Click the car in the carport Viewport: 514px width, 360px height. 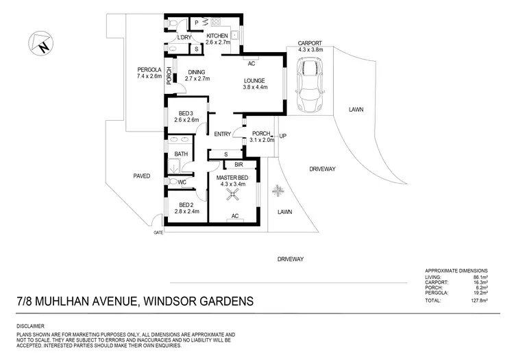pos(310,85)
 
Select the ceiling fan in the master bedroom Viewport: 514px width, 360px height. pos(234,196)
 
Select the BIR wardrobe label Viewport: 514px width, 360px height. pos(239,165)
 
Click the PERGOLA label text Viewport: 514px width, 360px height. pos(149,69)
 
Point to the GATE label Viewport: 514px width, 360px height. pos(158,232)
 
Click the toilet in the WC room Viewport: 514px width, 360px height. pos(171,182)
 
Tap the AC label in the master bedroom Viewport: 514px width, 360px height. pos(234,216)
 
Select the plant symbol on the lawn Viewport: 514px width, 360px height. pos(278,190)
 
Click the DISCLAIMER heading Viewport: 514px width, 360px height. pos(31,326)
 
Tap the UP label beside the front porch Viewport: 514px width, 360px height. pos(282,136)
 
